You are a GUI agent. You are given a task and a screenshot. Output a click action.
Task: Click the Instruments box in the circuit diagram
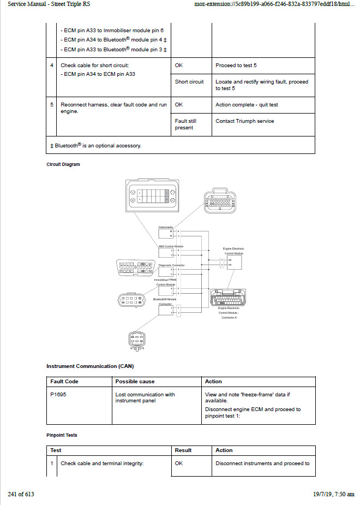tap(166, 234)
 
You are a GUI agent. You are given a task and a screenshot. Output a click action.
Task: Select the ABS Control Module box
tap(166, 253)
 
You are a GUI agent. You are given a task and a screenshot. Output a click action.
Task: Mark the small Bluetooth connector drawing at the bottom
tap(136, 341)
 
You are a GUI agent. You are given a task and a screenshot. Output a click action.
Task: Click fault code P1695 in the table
tap(57, 395)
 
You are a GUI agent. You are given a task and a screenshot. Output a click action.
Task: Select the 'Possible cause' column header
tap(135, 382)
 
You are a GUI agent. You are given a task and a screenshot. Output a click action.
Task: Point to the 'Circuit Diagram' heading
tap(63, 164)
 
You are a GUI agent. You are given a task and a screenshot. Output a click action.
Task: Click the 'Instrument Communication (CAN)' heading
tap(90, 366)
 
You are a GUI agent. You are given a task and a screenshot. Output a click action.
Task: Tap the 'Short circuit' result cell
tap(189, 82)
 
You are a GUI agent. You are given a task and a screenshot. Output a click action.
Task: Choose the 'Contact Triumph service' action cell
tap(245, 121)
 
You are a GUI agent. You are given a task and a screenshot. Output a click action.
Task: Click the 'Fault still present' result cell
tap(185, 124)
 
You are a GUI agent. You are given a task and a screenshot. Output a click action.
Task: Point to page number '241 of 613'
tap(21, 495)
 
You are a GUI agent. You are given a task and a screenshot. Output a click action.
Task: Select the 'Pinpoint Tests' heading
tap(62, 435)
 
